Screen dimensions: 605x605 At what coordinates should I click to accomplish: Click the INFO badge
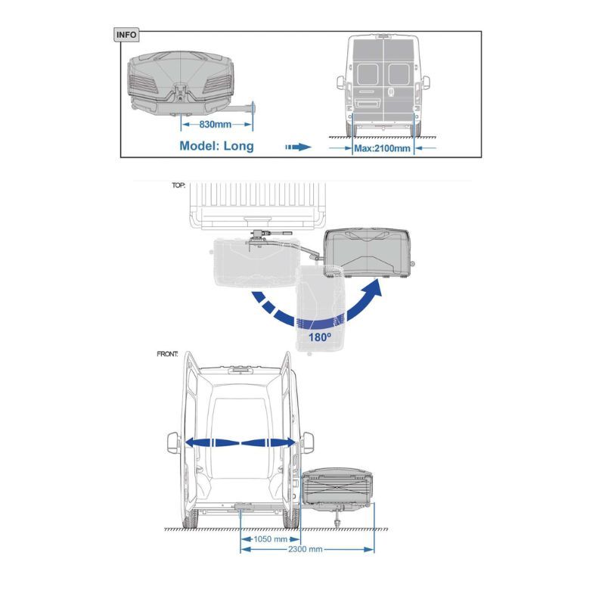126,35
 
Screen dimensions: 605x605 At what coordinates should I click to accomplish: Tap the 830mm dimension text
215,124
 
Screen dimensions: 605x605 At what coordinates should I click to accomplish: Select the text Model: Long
216,146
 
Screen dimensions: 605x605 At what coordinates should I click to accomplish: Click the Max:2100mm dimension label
383,148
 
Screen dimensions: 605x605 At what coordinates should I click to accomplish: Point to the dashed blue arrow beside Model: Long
298,147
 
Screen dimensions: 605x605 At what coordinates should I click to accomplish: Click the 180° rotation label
319,337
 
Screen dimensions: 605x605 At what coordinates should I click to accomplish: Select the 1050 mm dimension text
270,539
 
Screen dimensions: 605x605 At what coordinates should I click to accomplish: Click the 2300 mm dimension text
306,549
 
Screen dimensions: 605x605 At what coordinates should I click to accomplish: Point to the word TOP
178,185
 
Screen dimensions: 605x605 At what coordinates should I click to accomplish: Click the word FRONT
167,354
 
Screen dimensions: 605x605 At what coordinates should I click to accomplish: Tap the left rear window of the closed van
368,74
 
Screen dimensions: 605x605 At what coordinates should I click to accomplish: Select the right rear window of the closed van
399,74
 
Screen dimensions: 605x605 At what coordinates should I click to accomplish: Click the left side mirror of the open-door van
174,442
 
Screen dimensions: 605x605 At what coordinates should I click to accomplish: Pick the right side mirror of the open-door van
307,442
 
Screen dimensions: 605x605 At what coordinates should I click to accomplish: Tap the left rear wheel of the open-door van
191,519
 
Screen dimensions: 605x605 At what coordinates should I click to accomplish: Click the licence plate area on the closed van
368,103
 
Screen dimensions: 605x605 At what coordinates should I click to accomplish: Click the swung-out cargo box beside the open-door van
337,489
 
